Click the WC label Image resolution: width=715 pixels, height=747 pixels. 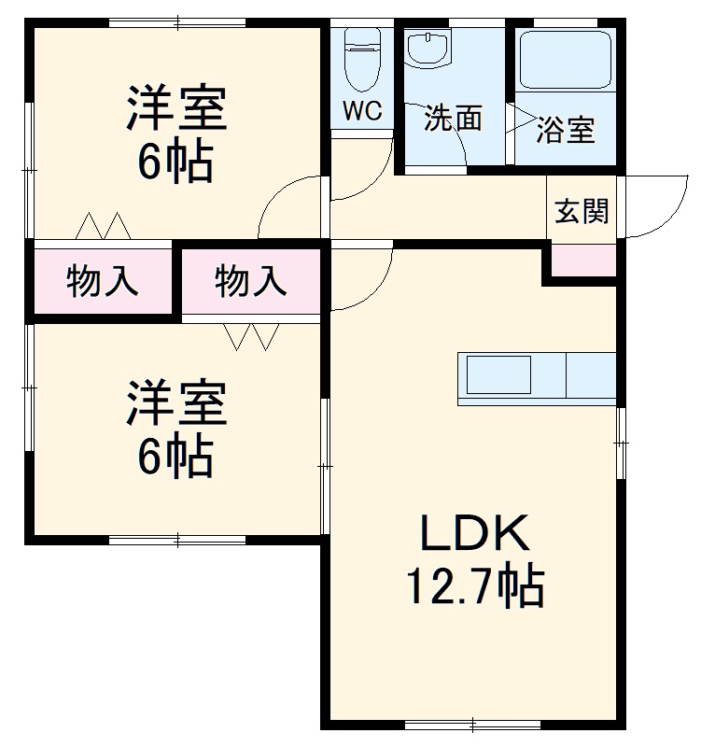(x=361, y=111)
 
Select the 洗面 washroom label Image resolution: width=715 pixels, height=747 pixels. (x=453, y=118)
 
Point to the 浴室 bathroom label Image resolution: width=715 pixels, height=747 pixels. (x=566, y=130)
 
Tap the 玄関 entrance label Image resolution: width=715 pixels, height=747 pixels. (x=582, y=212)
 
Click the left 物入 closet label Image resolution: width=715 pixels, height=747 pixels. (x=103, y=280)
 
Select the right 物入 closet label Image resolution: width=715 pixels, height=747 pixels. (x=251, y=280)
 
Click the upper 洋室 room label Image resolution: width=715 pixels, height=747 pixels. (x=176, y=109)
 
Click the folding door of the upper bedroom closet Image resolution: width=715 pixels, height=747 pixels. (x=102, y=226)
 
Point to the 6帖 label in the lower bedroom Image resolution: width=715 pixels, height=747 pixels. (x=176, y=457)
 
